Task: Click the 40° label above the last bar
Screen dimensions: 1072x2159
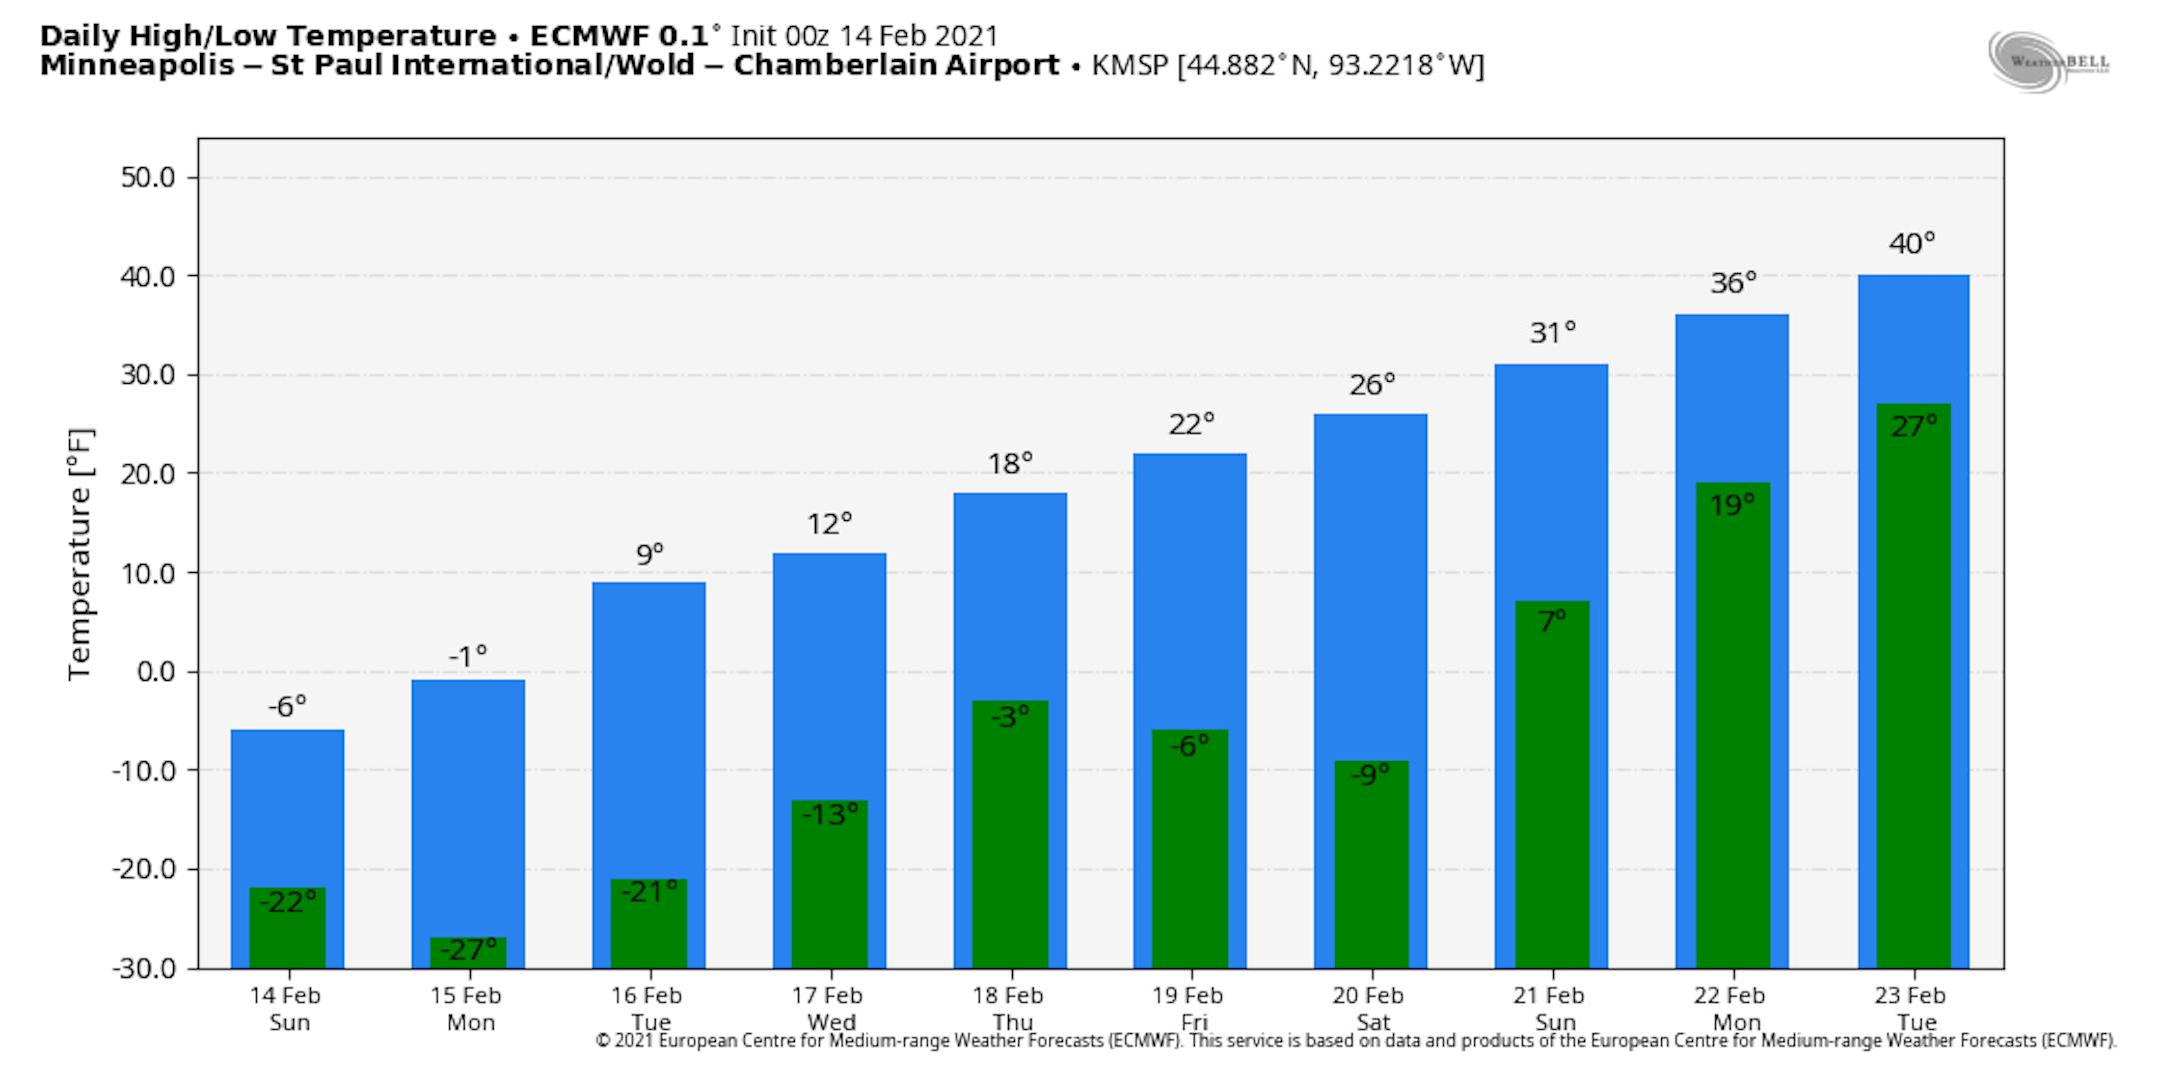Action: coord(1912,243)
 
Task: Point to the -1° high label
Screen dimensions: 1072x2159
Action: coord(468,656)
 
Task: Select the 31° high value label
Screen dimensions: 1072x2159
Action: coord(1552,332)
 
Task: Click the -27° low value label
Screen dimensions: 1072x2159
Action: coord(468,949)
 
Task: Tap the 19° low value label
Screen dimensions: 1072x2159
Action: coord(1732,505)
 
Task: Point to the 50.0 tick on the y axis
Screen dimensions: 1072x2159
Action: coord(147,178)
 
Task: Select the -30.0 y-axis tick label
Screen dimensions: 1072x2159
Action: coord(143,968)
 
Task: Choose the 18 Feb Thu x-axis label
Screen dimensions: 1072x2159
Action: coord(1009,1008)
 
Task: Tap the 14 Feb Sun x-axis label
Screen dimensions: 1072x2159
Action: coord(286,1008)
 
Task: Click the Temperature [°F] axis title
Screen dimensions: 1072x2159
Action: coord(80,555)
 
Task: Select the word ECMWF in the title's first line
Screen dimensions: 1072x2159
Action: coord(591,36)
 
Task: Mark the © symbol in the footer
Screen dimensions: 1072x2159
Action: coord(602,1041)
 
